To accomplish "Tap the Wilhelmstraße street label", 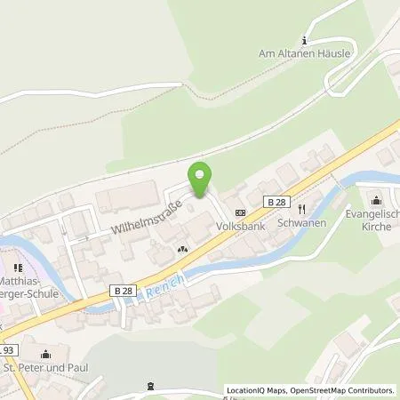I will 147,217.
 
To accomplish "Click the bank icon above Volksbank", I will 239,212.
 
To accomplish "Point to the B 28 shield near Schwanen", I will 274,204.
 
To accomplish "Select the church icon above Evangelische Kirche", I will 377,199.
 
